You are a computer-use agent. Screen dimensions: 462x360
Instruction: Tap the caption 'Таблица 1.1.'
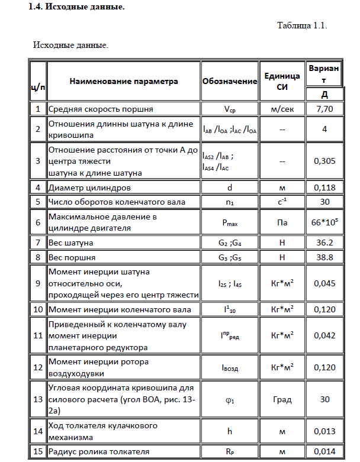tap(302, 26)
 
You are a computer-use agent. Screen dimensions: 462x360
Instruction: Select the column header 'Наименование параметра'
tap(123, 82)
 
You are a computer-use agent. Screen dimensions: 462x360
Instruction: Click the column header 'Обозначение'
tap(229, 82)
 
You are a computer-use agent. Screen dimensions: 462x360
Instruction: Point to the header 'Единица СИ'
tap(282, 82)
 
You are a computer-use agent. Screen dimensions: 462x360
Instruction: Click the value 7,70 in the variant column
tap(324, 109)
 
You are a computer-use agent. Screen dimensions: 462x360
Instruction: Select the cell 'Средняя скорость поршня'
tap(101, 109)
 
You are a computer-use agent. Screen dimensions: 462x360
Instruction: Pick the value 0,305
tap(324, 160)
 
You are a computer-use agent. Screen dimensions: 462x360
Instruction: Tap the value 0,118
tap(324, 188)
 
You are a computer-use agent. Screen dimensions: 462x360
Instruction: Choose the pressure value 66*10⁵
tap(324, 222)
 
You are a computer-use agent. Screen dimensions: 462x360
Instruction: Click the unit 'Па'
tap(282, 222)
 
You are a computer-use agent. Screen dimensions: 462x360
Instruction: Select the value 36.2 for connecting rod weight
tap(324, 243)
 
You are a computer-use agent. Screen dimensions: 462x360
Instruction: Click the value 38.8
tap(324, 257)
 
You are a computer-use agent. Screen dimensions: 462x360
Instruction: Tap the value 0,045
tap(324, 284)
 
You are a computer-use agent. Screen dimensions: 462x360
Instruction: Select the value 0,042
tap(324, 335)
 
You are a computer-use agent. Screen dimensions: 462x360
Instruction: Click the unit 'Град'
tap(282, 399)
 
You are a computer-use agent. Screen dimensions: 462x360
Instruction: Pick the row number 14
tap(37, 431)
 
